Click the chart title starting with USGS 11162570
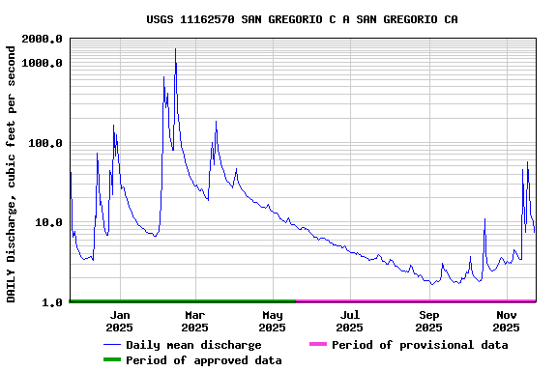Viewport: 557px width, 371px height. [302, 19]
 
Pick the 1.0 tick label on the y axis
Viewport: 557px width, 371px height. [53, 302]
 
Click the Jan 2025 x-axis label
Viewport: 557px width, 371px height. [120, 321]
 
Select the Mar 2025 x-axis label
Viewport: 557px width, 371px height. [194, 321]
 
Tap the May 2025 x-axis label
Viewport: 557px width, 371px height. [272, 321]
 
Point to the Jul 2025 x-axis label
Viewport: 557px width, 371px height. [350, 321]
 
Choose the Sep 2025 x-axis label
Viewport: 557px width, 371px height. [428, 321]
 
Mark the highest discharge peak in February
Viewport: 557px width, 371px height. [175, 48]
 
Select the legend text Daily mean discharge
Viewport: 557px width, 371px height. [193, 345]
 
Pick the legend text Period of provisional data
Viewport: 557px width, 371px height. [420, 345]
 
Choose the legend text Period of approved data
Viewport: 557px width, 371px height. [203, 360]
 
